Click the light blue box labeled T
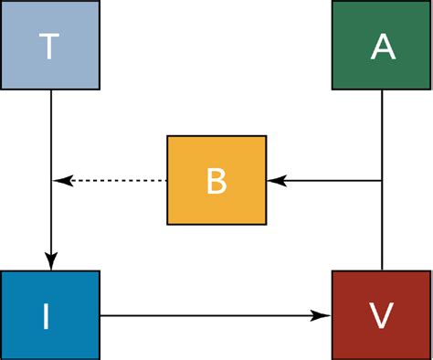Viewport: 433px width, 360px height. click(49, 46)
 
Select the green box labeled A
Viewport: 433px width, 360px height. click(382, 46)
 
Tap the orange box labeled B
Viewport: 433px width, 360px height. click(216, 180)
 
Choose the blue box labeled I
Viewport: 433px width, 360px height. click(49, 315)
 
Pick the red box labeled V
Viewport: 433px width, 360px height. click(382, 315)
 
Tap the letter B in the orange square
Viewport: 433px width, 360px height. click(216, 181)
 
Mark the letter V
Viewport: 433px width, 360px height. click(383, 316)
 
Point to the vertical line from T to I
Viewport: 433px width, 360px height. click(51, 137)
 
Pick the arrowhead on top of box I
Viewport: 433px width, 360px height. click(51, 261)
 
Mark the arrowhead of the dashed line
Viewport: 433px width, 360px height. click(61, 181)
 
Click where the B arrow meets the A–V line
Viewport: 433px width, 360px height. click(382, 181)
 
